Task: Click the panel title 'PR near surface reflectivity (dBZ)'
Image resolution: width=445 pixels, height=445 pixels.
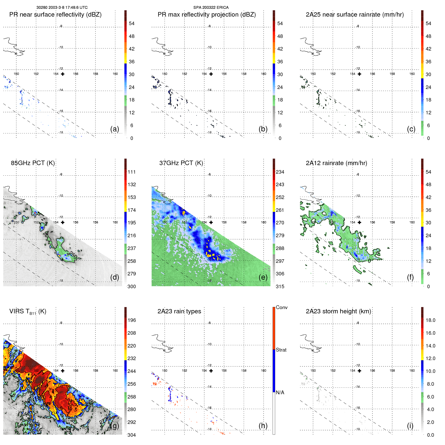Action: (55, 15)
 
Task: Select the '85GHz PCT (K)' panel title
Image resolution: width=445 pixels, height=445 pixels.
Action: (33, 163)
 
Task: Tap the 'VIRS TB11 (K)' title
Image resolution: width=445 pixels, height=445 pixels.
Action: (28, 312)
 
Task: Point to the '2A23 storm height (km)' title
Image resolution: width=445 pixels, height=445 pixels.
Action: (338, 311)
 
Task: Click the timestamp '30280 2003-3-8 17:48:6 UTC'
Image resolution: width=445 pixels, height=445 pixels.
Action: (62, 8)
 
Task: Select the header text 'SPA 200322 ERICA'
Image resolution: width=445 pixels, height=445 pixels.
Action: (211, 8)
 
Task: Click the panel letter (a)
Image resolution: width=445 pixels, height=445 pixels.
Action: (115, 129)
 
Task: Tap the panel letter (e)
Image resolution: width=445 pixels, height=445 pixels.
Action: (263, 277)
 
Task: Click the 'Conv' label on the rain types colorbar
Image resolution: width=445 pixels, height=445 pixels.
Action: (281, 307)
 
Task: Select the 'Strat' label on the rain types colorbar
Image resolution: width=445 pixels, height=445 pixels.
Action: (281, 350)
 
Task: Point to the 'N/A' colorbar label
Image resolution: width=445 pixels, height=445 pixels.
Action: (280, 392)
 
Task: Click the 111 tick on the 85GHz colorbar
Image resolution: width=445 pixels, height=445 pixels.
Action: (131, 172)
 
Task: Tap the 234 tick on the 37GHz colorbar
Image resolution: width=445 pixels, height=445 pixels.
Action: (280, 172)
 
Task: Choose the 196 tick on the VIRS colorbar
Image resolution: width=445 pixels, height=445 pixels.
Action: (131, 320)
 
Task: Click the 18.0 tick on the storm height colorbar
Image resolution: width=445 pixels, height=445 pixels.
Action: (430, 320)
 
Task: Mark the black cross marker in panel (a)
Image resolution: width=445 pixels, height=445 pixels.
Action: (63, 74)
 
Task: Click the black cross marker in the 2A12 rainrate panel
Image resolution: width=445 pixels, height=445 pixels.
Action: (359, 222)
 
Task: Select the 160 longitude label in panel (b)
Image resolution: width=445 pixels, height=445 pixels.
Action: (263, 74)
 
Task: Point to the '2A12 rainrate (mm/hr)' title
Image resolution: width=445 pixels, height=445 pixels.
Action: (336, 163)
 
